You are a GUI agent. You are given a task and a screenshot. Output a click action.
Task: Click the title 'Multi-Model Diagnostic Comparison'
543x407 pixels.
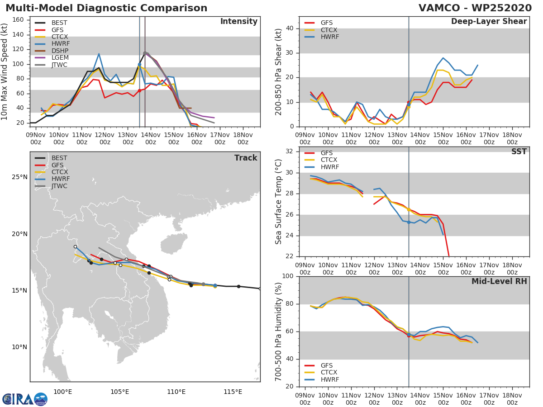pyautogui.click(x=106, y=8)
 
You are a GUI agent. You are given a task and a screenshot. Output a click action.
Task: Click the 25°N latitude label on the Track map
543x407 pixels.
pyautogui.click(x=19, y=177)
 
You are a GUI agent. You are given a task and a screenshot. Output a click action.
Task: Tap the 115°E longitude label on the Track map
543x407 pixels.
pyautogui.click(x=233, y=392)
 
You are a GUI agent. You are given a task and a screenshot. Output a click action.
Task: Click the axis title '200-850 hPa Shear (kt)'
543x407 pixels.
pyautogui.click(x=279, y=71)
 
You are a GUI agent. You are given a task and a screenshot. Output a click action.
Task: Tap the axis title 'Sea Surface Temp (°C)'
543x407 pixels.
pyautogui.click(x=279, y=201)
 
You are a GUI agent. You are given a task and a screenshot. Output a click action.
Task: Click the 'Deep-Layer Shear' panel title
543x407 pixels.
pyautogui.click(x=489, y=22)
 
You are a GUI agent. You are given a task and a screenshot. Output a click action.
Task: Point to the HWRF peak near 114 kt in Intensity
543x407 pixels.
pyautogui.click(x=99, y=54)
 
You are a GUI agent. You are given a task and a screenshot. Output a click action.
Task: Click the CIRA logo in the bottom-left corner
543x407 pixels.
pyautogui.click(x=24, y=399)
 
